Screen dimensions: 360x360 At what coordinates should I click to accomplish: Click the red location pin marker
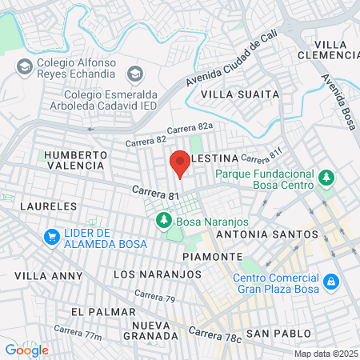click(x=179, y=163)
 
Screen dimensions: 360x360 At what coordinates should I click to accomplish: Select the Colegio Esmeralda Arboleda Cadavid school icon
click(x=134, y=74)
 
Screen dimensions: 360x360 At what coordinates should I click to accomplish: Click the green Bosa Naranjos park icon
click(x=164, y=218)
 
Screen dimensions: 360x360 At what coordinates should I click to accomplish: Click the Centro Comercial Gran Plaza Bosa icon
click(x=330, y=282)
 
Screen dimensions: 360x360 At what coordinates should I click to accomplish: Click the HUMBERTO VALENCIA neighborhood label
click(x=74, y=159)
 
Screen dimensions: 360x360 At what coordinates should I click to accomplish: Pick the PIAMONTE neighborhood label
click(x=212, y=256)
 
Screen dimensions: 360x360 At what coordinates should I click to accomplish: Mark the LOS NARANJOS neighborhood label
click(x=158, y=274)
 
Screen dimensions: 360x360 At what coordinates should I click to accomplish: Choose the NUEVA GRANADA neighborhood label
click(x=151, y=330)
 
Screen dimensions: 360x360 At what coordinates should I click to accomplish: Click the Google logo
click(x=26, y=350)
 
